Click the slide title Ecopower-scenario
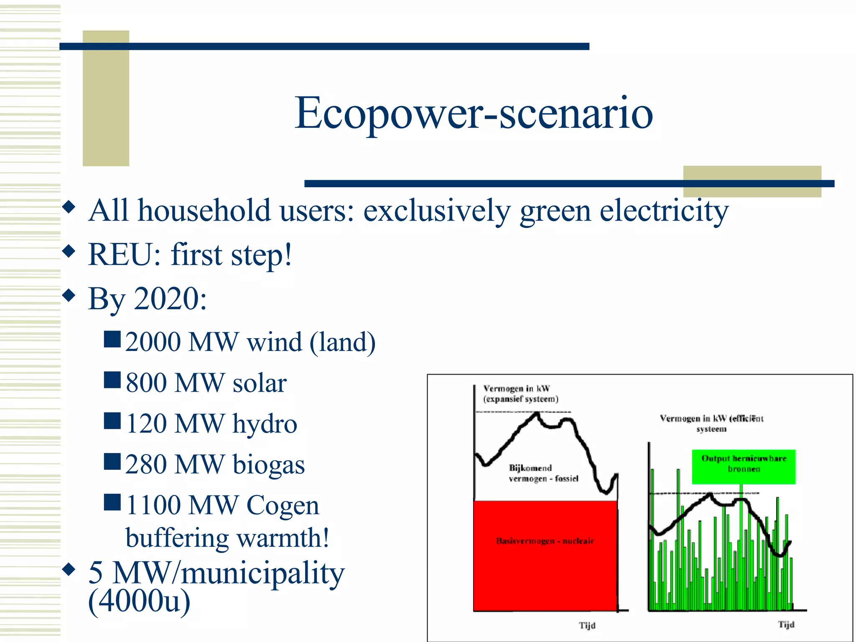pos(474,113)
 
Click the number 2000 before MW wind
pos(153,342)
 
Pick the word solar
pos(260,383)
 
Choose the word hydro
pos(265,424)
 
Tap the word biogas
pos(269,464)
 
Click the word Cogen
pos(283,505)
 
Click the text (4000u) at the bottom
pos(139,601)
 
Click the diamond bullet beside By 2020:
pos(69,296)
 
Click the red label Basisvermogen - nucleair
pos(545,541)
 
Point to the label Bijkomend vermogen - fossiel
pos(543,473)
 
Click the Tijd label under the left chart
pos(587,625)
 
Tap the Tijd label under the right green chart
pos(786,624)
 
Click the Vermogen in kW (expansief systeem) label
pos(520,394)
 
